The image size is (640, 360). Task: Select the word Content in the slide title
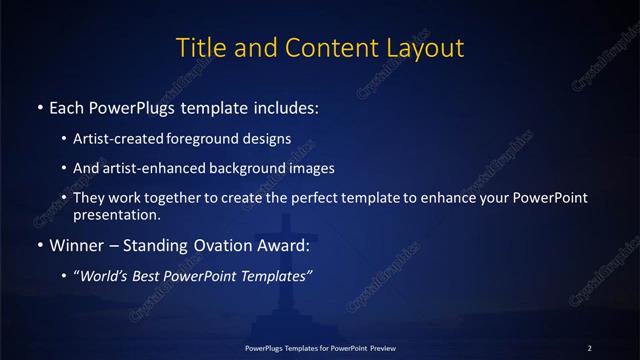tap(315, 46)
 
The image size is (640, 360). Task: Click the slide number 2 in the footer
tap(590, 347)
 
